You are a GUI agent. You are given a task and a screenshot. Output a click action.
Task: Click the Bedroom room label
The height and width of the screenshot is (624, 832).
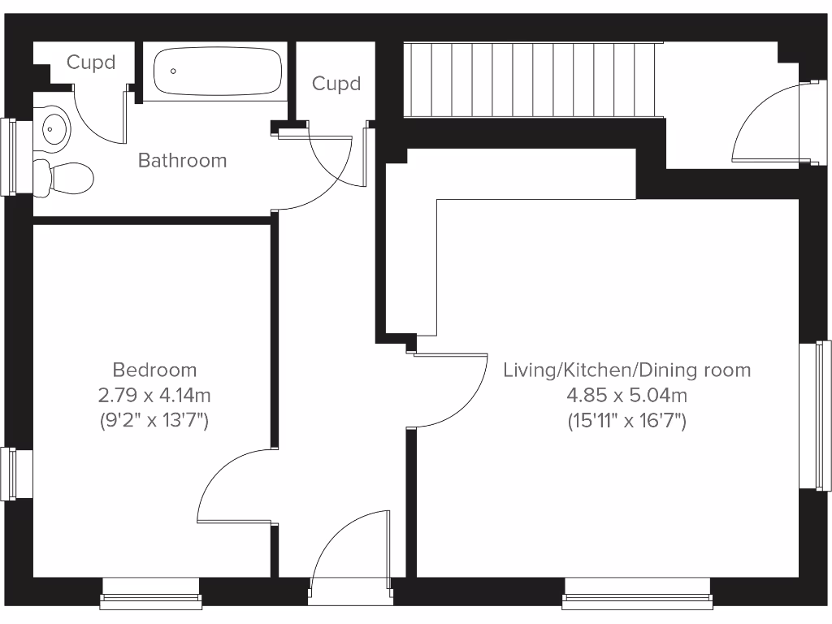coord(154,370)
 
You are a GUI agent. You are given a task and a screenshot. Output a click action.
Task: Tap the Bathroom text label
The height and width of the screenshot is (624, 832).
coord(182,160)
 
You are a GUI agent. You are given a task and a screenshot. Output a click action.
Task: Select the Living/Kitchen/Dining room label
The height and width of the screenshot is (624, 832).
coord(626,370)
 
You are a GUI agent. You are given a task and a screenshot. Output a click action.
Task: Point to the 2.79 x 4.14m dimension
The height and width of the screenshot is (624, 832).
coord(154,396)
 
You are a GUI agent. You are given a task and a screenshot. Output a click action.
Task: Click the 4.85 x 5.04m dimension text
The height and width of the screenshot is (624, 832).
coord(626,396)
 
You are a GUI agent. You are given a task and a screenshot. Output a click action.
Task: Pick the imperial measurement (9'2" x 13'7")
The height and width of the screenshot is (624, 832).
coord(154,421)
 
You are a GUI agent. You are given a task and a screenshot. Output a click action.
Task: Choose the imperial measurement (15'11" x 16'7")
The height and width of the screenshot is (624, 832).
coord(626,421)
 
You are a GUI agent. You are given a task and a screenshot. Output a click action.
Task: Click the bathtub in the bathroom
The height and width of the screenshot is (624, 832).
coord(218,71)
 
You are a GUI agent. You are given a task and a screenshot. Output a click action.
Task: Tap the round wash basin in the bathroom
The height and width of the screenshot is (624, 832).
coord(54,128)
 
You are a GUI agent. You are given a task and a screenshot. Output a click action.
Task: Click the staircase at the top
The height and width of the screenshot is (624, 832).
coord(532,80)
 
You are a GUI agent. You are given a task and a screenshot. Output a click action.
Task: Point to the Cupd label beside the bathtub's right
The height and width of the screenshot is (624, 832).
coord(336,84)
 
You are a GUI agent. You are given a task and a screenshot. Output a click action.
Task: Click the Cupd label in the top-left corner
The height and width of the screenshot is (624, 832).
coord(90,63)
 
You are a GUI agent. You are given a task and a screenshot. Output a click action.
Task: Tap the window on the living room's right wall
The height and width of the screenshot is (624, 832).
coord(815,415)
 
